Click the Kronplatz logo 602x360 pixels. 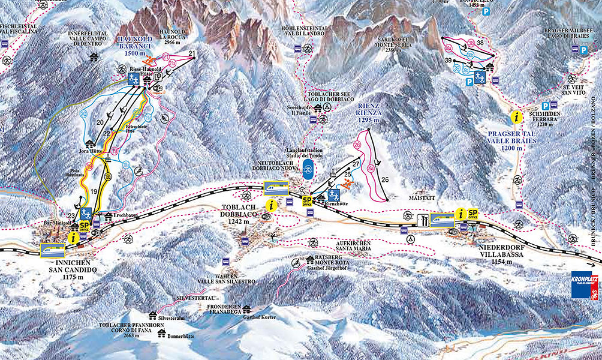pyautogui.click(x=585, y=285)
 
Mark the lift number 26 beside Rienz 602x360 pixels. pyautogui.click(x=385, y=179)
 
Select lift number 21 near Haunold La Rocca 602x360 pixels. pyautogui.click(x=192, y=54)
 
